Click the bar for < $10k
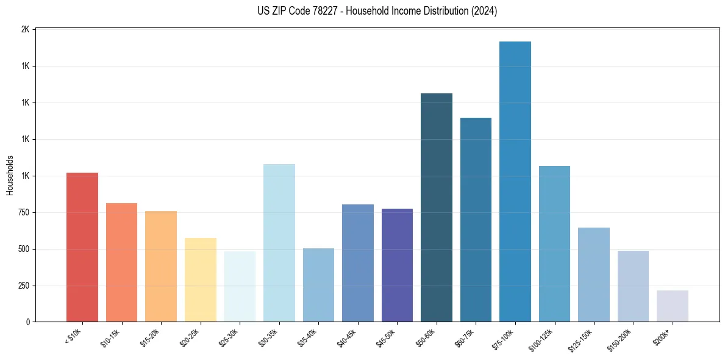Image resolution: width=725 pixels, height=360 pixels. pos(82,247)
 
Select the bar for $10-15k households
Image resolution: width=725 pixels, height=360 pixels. pos(121,262)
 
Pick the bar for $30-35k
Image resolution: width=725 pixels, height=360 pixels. pos(279,243)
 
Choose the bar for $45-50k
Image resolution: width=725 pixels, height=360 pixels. pos(397,265)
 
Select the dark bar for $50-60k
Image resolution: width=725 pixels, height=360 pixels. pos(437,207)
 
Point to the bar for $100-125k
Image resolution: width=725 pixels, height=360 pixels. pos(554,243)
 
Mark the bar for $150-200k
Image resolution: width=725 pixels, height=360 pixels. pos(633,286)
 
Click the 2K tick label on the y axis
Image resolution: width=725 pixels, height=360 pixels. pos(25,29)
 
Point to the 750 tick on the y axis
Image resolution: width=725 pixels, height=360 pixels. pos(22,212)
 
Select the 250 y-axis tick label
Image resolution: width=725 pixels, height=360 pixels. pos(22,286)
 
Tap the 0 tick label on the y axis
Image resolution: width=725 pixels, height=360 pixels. pos(27,322)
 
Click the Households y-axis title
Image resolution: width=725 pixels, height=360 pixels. pos(10,176)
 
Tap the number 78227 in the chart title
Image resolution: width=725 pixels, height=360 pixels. pos(323,11)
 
